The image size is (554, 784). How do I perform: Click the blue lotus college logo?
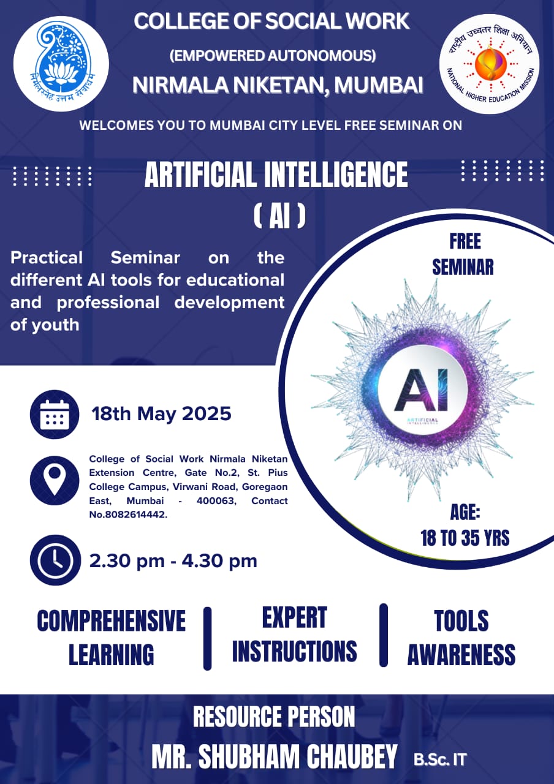(x=61, y=64)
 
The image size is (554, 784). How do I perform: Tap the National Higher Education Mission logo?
(x=489, y=64)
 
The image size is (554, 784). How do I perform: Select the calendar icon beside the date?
(x=55, y=415)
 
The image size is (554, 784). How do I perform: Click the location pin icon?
(x=55, y=480)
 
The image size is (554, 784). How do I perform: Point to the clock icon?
(x=55, y=560)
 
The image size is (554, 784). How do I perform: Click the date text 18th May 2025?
(x=161, y=414)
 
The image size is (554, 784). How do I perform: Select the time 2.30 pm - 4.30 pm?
(x=173, y=560)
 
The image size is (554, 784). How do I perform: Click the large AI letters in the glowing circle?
(x=421, y=390)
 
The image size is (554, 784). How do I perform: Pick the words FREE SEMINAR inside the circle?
(x=463, y=254)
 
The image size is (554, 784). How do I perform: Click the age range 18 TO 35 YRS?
(x=465, y=538)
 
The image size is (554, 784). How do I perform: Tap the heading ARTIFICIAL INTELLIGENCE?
(x=276, y=175)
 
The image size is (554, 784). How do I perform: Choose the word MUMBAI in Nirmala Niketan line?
(x=379, y=85)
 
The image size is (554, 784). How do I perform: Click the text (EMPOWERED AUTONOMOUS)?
(x=273, y=56)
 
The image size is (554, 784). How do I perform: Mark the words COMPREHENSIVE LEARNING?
(x=112, y=638)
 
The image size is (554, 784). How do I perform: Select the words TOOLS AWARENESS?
(x=461, y=638)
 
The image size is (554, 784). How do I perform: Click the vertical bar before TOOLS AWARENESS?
(x=384, y=635)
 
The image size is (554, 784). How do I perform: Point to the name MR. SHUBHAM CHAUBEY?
(x=275, y=757)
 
